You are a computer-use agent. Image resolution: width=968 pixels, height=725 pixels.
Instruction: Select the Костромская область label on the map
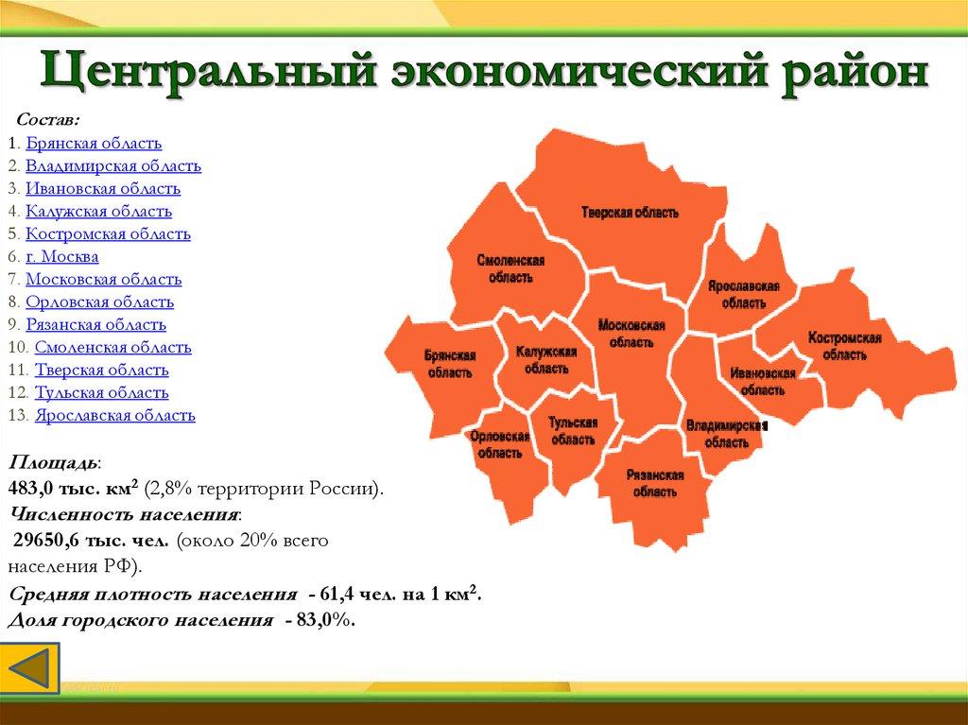pyautogui.click(x=844, y=346)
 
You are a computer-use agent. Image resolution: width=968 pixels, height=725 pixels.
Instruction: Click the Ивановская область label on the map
pyautogui.click(x=762, y=381)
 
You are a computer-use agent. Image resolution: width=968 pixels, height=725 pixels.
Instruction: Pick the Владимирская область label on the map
pyautogui.click(x=725, y=433)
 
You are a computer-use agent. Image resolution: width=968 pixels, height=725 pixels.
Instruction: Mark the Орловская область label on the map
pyautogui.click(x=498, y=444)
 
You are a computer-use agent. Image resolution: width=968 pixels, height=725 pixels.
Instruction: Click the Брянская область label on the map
pyautogui.click(x=449, y=364)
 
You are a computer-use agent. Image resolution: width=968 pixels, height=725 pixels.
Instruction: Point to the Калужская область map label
pyautogui.click(x=546, y=360)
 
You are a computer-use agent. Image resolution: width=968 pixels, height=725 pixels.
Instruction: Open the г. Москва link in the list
pyautogui.click(x=62, y=256)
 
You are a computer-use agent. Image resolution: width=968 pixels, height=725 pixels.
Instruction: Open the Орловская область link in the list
pyautogui.click(x=99, y=302)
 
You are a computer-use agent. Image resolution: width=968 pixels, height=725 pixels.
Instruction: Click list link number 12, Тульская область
pyautogui.click(x=102, y=392)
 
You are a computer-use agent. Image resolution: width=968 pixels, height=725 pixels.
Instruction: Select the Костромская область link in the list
pyautogui.click(x=108, y=233)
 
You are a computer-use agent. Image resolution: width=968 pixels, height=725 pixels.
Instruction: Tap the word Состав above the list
pyautogui.click(x=47, y=121)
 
